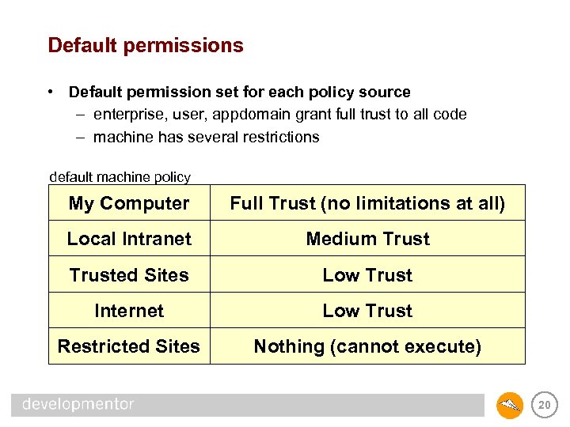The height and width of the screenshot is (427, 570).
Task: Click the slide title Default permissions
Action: [146, 45]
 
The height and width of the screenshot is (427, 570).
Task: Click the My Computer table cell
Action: [129, 203]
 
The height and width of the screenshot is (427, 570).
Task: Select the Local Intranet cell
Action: [129, 239]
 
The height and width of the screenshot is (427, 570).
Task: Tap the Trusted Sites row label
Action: [129, 275]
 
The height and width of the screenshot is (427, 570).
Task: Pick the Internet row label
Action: [129, 311]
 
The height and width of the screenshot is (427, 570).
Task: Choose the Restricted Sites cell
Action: [129, 346]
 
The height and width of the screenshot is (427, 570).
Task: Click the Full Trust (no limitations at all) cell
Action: [367, 203]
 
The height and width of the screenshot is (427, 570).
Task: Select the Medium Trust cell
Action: [367, 239]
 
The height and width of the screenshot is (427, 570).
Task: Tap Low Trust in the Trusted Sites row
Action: [367, 275]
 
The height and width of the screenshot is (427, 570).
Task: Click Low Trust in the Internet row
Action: [367, 311]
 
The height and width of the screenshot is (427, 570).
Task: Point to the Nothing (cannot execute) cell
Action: [367, 346]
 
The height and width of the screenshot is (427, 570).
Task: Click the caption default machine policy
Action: [120, 177]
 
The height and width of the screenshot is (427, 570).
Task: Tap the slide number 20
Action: [544, 406]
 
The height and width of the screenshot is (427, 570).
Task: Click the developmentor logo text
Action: [78, 404]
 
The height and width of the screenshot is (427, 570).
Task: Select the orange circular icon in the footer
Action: [510, 406]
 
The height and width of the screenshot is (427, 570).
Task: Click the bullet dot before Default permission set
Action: [50, 93]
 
